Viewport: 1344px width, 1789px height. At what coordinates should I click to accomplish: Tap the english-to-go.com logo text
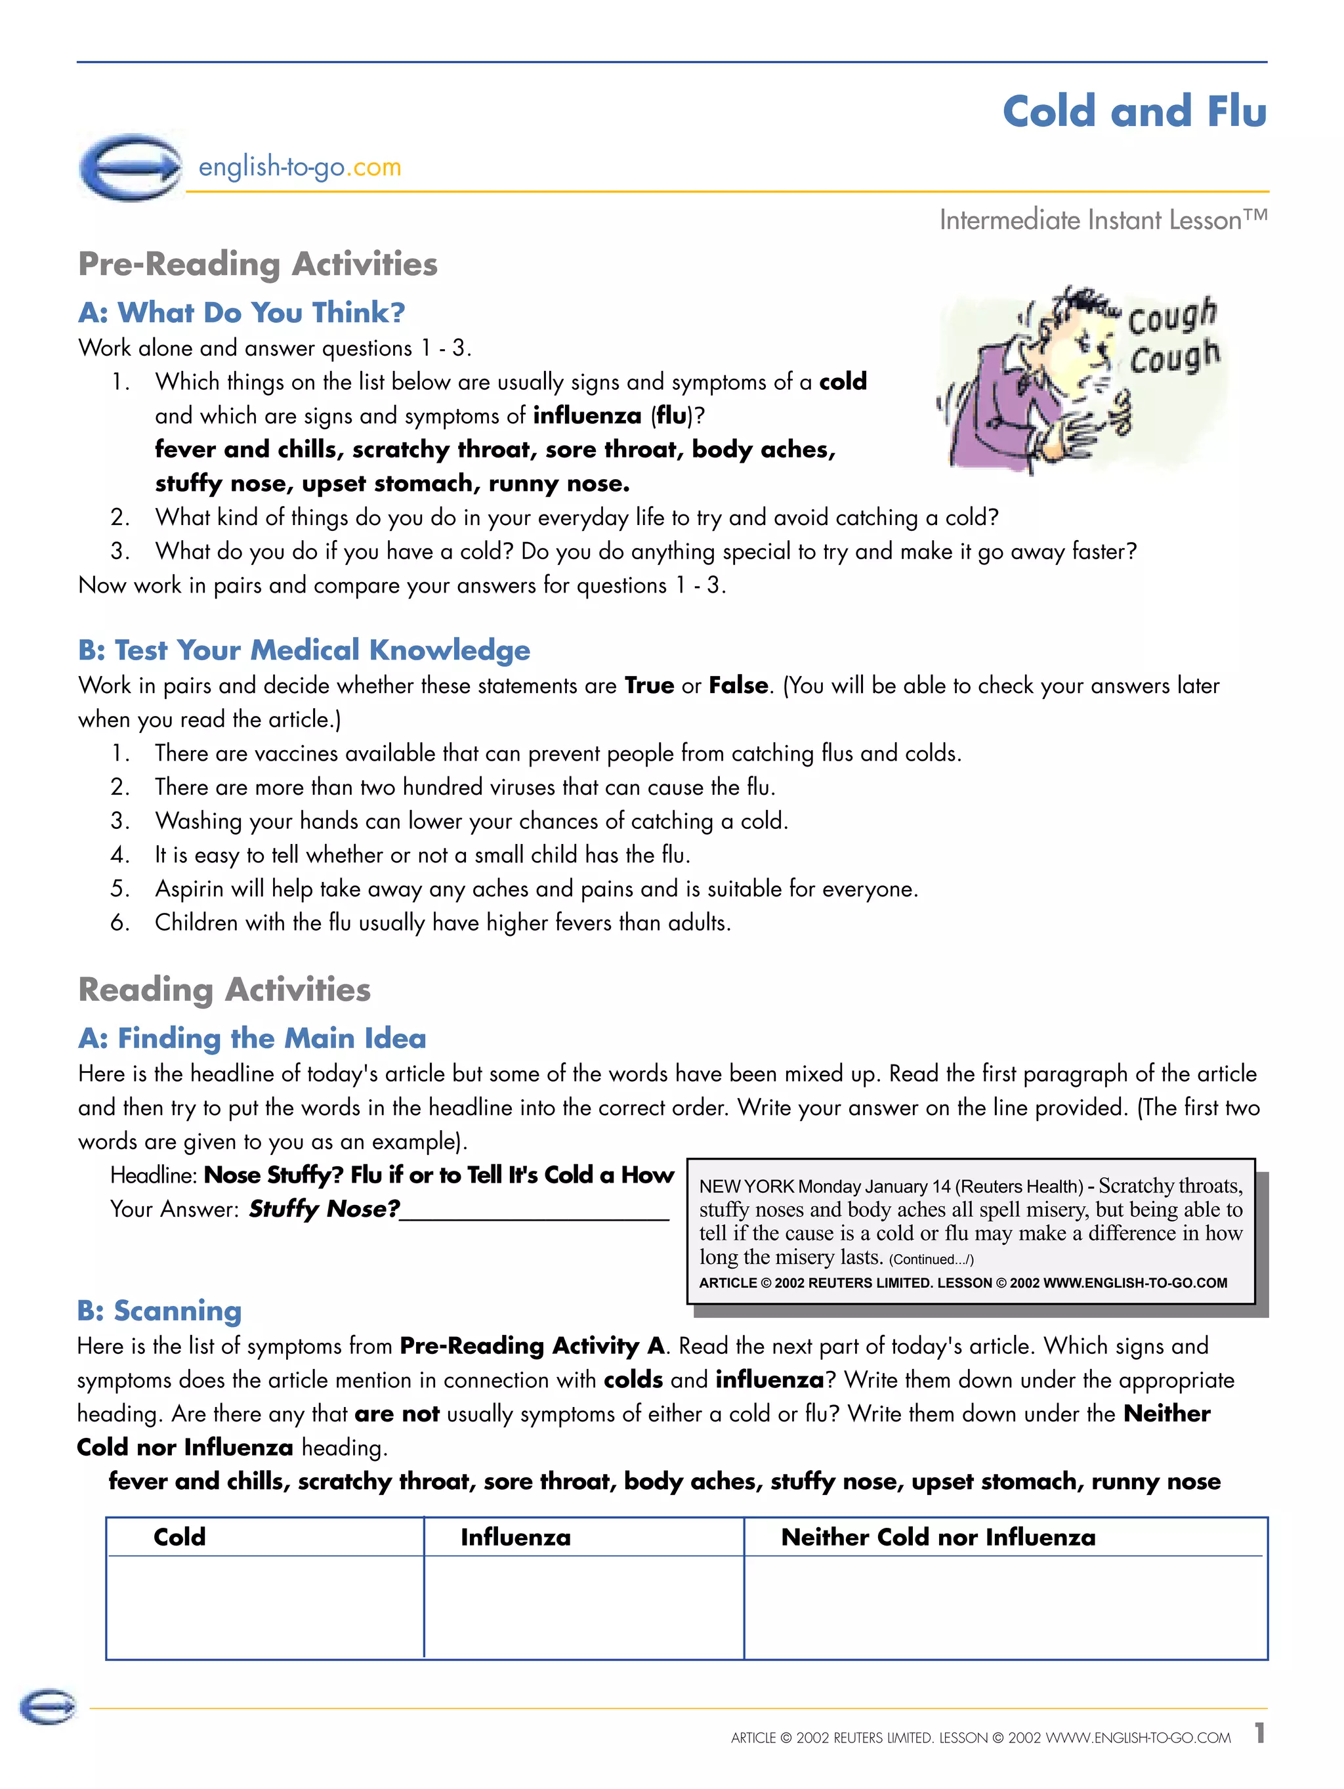pyautogui.click(x=299, y=167)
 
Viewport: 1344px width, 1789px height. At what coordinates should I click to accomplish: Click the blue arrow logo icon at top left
pyautogui.click(x=131, y=167)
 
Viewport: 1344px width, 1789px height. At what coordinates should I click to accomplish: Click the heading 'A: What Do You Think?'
pyautogui.click(x=241, y=312)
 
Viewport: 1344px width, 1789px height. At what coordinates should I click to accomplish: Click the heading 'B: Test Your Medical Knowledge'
pyautogui.click(x=304, y=650)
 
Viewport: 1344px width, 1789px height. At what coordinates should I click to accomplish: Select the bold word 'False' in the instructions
pyautogui.click(x=738, y=685)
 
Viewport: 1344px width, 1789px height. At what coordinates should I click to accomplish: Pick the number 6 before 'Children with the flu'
pyautogui.click(x=119, y=922)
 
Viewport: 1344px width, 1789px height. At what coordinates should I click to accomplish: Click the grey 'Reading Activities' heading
pyautogui.click(x=224, y=989)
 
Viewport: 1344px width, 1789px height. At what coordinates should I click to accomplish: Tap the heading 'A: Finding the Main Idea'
pyautogui.click(x=251, y=1038)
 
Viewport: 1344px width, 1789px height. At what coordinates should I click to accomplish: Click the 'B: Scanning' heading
pyautogui.click(x=159, y=1310)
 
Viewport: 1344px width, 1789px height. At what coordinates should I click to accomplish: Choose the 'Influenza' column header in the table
pyautogui.click(x=515, y=1537)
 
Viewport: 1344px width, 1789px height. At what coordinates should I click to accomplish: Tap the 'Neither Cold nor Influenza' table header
pyautogui.click(x=937, y=1537)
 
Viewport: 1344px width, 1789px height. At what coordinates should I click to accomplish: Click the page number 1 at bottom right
pyautogui.click(x=1258, y=1733)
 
